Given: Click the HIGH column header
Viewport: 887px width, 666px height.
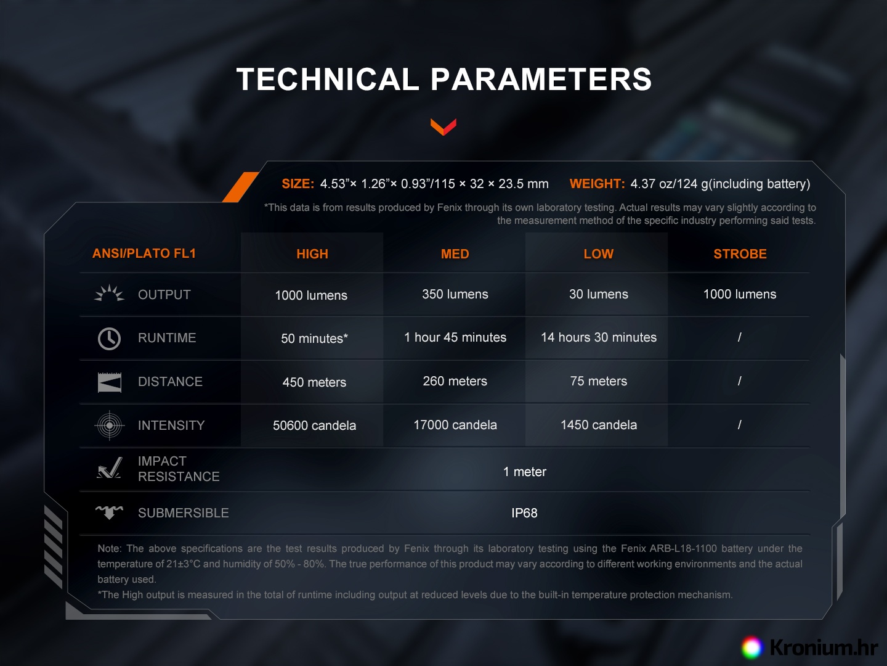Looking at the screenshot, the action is click(312, 254).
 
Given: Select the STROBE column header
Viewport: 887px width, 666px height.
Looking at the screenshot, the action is click(740, 254).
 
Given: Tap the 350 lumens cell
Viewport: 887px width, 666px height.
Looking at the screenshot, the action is click(455, 294).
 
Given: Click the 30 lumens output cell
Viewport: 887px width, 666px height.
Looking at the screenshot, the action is click(599, 294).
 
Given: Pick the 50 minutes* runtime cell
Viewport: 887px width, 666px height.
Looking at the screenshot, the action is click(314, 338).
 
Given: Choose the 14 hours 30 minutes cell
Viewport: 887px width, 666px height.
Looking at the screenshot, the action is click(599, 337).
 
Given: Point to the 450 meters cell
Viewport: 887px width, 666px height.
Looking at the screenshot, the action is click(314, 382).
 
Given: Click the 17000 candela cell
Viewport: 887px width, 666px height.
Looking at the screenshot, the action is click(455, 425).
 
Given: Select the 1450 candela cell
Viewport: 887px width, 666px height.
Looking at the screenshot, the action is click(599, 425).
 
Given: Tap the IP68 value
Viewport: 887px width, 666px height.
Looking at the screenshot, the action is click(524, 512).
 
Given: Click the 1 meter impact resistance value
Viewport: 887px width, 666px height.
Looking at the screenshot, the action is click(525, 472).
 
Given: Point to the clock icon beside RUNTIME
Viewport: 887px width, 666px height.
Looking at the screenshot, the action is click(109, 339).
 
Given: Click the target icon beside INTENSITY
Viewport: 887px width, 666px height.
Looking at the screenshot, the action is click(109, 425).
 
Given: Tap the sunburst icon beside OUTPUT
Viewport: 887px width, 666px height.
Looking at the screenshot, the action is click(109, 293).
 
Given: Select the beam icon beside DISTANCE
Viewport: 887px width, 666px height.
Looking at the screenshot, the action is click(110, 382).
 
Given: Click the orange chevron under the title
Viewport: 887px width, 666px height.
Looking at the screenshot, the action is click(443, 127).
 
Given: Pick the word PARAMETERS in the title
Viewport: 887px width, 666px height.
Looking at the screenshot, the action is click(541, 79).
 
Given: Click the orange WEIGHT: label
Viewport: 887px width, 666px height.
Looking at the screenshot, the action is click(597, 184).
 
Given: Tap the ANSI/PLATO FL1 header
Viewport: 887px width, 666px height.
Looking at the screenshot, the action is click(144, 253).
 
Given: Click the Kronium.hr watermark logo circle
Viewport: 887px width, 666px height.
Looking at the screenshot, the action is click(752, 647).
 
